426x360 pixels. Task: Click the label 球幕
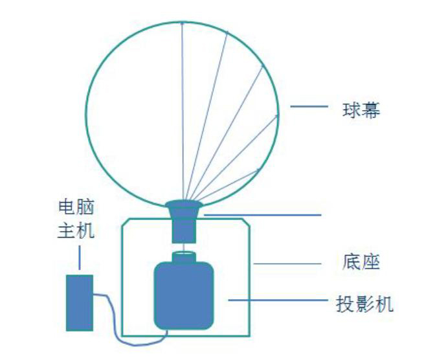pos(361,110)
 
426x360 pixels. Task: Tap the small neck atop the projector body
pos(183,257)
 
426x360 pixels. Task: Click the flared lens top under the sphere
pos(184,208)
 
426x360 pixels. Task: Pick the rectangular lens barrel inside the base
pos(184,228)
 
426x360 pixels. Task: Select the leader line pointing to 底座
pos(287,263)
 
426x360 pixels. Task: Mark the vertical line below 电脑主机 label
pos(79,257)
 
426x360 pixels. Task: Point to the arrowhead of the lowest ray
pos(259,170)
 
